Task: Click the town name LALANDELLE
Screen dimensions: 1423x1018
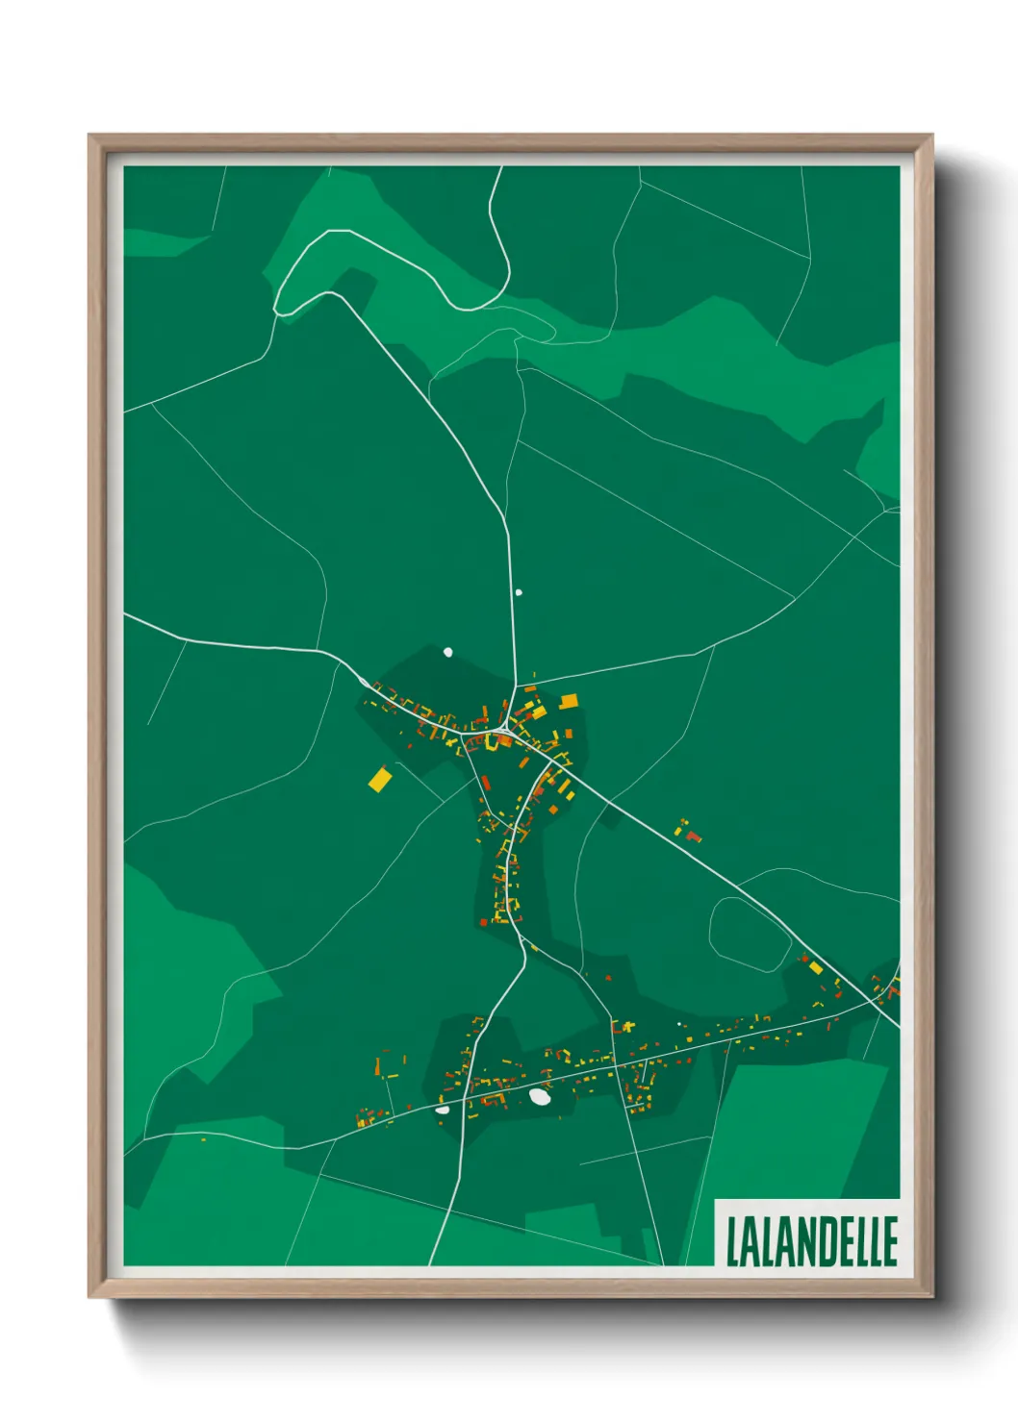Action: coord(811,1241)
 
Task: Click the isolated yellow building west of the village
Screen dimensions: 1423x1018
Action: coord(380,779)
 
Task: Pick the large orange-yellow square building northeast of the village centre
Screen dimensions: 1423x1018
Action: coord(569,701)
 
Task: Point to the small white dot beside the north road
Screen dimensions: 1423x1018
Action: coord(519,592)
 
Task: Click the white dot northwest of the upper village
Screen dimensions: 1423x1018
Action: coord(447,652)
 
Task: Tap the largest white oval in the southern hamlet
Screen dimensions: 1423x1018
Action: coord(540,1096)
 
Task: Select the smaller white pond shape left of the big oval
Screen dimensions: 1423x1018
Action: coord(443,1110)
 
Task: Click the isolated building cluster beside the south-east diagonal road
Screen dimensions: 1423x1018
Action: coord(687,831)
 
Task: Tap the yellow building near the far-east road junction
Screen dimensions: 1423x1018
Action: coord(816,966)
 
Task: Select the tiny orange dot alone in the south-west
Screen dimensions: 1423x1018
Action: coord(203,1140)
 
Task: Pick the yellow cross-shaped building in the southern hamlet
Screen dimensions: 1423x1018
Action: coord(627,1027)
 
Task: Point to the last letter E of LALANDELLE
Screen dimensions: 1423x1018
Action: coord(890,1241)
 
